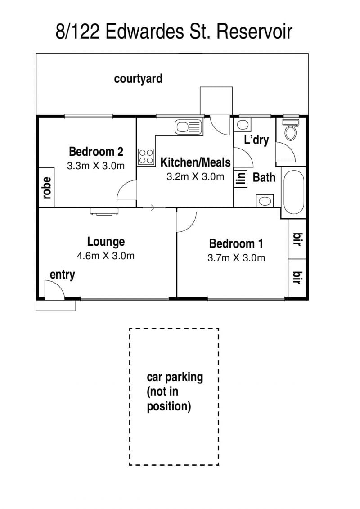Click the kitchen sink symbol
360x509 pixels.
[189, 127]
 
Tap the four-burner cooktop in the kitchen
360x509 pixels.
[146, 157]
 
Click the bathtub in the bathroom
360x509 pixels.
[294, 192]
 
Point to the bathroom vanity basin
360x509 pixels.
[265, 201]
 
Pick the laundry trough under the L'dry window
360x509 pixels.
[243, 125]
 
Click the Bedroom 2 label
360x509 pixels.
[96, 152]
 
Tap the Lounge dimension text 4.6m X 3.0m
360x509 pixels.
[105, 256]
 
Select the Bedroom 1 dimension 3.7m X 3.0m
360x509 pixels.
[236, 258]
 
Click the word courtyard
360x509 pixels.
[138, 79]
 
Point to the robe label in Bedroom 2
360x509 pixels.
[47, 188]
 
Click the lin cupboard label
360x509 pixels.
[241, 179]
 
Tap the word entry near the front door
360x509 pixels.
[63, 275]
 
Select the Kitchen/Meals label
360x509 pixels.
[195, 162]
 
